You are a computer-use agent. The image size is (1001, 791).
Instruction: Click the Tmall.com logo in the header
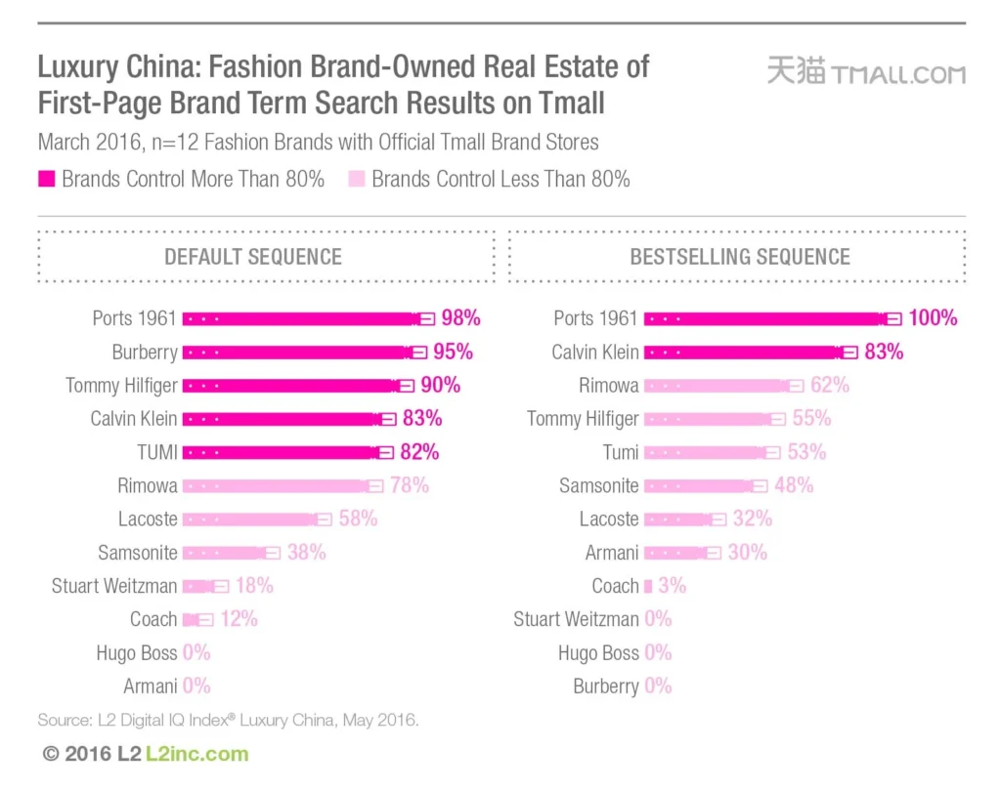coord(865,73)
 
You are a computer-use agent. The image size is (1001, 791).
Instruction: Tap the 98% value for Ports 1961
coord(460,318)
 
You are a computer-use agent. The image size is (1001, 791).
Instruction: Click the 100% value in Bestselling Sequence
coord(932,318)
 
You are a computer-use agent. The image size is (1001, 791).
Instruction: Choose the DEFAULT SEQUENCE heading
coord(253,257)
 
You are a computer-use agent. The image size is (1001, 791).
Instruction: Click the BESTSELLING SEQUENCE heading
coord(740,257)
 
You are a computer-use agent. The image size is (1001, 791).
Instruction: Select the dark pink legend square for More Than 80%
coord(47,179)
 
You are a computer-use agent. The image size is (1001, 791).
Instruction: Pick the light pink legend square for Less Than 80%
coord(357,179)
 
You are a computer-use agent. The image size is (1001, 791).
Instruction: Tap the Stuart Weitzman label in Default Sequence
coord(114,586)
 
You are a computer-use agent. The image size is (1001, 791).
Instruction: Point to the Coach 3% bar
coord(648,586)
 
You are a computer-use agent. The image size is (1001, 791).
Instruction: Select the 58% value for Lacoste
coord(358,519)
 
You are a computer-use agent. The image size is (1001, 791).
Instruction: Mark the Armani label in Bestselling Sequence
coord(612,553)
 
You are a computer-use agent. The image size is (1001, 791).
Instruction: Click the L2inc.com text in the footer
coord(196,754)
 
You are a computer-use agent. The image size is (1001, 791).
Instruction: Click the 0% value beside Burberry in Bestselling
coord(659,687)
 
